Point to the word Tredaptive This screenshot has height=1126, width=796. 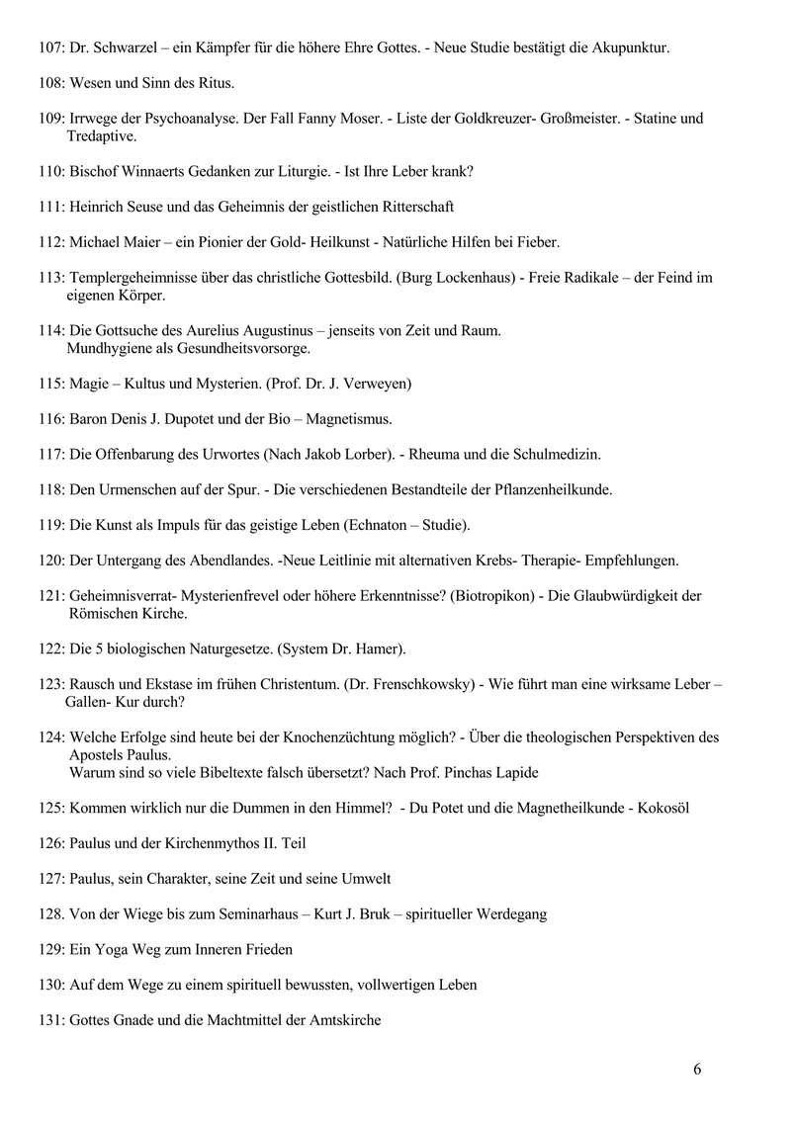102,135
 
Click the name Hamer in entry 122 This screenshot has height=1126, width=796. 376,650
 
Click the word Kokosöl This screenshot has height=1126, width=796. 663,808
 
